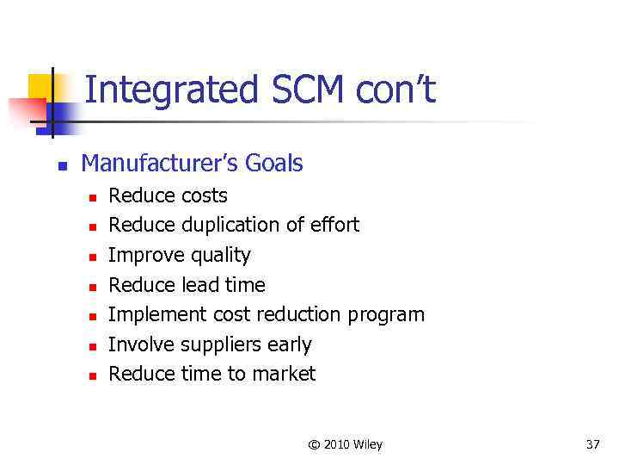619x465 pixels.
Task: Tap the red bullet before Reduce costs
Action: pyautogui.click(x=93, y=197)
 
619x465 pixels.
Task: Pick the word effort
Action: pyautogui.click(x=334, y=226)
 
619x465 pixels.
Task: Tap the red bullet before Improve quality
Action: pyautogui.click(x=93, y=257)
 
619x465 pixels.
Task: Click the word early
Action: pyautogui.click(x=290, y=345)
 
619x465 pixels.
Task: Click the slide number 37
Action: pyautogui.click(x=592, y=444)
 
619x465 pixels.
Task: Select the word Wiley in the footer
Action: pyautogui.click(x=365, y=444)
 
